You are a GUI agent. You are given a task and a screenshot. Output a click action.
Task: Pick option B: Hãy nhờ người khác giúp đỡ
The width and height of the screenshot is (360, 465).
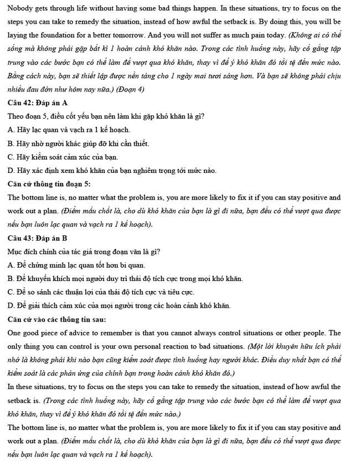78,143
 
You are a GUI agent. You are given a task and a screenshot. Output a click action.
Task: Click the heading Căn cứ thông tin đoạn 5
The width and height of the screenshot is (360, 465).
49,184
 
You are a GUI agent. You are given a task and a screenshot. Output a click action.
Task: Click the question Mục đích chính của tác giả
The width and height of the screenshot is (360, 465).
84,252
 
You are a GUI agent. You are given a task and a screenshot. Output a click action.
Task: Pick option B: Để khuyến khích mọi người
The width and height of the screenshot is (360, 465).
125,279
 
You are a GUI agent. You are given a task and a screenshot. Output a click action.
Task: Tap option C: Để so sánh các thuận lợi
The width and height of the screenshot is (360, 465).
101,292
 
